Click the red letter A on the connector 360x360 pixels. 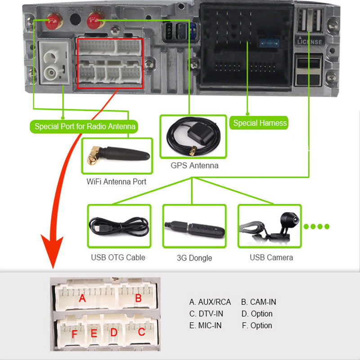[82, 298]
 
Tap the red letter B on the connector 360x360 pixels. [138, 298]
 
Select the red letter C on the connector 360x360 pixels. [141, 333]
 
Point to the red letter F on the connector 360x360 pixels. [74, 334]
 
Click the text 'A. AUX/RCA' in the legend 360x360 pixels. [210, 302]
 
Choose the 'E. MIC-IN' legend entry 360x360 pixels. [206, 325]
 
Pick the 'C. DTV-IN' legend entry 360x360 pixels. [206, 314]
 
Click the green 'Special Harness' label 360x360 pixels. [260, 123]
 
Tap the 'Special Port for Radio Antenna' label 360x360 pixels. [85, 126]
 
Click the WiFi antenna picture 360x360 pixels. [117, 156]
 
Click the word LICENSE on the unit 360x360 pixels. [310, 41]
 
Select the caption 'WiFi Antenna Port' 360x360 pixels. [117, 182]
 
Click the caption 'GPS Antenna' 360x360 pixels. [194, 166]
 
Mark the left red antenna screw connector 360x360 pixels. [54, 19]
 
